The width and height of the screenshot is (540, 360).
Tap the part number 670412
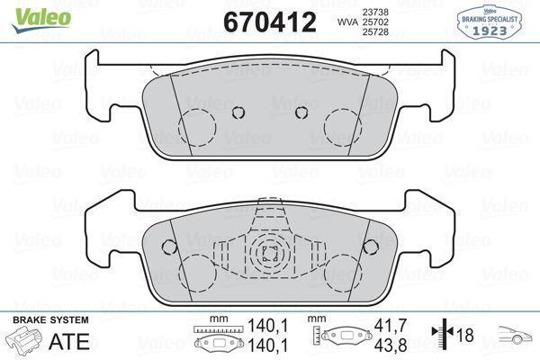269,22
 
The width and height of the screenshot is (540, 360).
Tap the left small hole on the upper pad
238,112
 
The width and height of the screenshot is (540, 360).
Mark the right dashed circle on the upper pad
342,122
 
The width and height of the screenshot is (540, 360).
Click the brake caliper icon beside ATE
25,340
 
